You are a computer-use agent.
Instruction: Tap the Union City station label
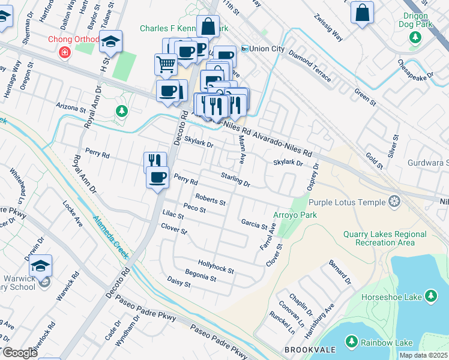click(262, 48)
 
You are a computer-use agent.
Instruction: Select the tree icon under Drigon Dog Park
click(414, 38)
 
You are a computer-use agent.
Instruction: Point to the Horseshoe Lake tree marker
click(430, 295)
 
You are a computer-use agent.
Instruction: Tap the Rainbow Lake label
click(387, 343)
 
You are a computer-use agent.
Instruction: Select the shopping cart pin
click(166, 64)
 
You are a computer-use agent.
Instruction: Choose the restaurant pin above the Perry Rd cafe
click(154, 161)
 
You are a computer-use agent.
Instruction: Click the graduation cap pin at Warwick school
click(41, 265)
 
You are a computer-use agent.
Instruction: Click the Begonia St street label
click(200, 277)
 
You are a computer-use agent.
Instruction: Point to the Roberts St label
click(210, 199)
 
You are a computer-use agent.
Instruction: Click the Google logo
click(19, 352)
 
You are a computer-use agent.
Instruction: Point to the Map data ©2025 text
click(423, 355)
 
